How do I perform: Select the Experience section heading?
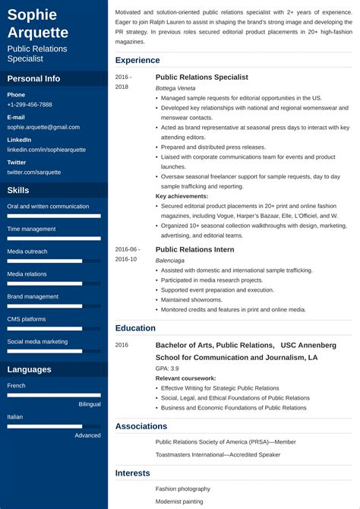pyautogui.click(x=137, y=60)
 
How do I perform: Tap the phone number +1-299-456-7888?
pyautogui.click(x=30, y=105)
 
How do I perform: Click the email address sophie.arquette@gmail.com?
pyautogui.click(x=43, y=128)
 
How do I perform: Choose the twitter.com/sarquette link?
pyautogui.click(x=34, y=172)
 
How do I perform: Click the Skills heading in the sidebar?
pyautogui.click(x=18, y=191)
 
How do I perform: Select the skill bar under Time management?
pyautogui.click(x=54, y=239)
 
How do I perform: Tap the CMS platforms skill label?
pyautogui.click(x=26, y=319)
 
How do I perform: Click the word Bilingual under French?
pyautogui.click(x=90, y=404)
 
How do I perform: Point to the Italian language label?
pyautogui.click(x=15, y=417)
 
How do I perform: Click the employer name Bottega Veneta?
pyautogui.click(x=175, y=88)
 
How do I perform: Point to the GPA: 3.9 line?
pyautogui.click(x=167, y=368)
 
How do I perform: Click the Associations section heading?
pyautogui.click(x=141, y=426)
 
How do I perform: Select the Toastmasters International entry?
pyautogui.click(x=218, y=454)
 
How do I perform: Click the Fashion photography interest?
pyautogui.click(x=183, y=488)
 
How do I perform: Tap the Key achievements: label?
pyautogui.click(x=182, y=196)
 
